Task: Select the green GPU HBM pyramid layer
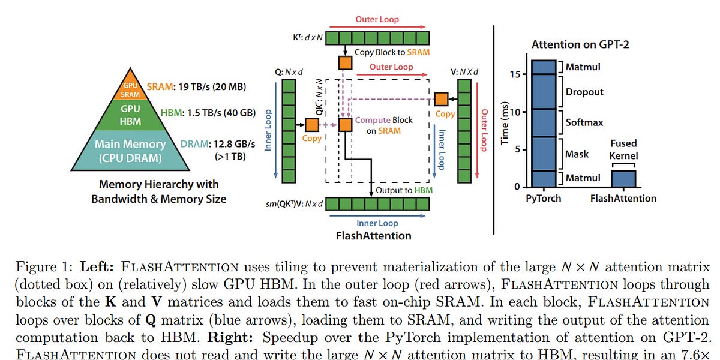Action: pyautogui.click(x=130, y=114)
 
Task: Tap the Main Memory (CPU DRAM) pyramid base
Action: pyautogui.click(x=130, y=151)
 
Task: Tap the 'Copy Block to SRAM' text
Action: pyautogui.click(x=392, y=52)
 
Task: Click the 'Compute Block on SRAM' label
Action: pyautogui.click(x=384, y=125)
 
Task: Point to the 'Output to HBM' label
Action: pyautogui.click(x=404, y=190)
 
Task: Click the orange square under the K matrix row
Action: pyautogui.click(x=345, y=62)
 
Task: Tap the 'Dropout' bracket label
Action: pyautogui.click(x=584, y=92)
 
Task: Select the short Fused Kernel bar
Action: pyautogui.click(x=624, y=178)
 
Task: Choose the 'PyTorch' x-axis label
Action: pyautogui.click(x=544, y=198)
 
